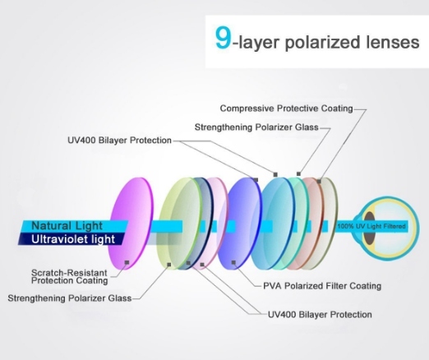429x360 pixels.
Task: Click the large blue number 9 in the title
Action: (224, 38)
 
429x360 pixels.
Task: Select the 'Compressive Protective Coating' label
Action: (286, 108)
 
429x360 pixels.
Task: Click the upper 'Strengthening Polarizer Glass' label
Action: (256, 127)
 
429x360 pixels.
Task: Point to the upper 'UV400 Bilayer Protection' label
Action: (119, 141)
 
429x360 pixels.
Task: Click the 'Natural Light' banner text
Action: (67, 226)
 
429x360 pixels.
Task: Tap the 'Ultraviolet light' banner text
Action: (73, 239)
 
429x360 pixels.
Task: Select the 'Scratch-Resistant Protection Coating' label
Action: (69, 277)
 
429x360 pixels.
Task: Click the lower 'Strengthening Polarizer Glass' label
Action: (70, 298)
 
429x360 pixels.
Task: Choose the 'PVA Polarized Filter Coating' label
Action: (322, 286)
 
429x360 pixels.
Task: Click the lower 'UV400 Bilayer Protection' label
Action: (320, 315)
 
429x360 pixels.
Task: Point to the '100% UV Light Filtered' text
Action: (371, 226)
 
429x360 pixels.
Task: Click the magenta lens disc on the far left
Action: (131, 224)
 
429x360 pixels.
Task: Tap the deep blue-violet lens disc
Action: (240, 224)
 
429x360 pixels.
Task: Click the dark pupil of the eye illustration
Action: (369, 228)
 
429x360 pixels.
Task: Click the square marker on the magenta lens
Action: (127, 262)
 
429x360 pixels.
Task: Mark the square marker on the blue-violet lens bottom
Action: (233, 262)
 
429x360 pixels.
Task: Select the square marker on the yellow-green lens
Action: (169, 265)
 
